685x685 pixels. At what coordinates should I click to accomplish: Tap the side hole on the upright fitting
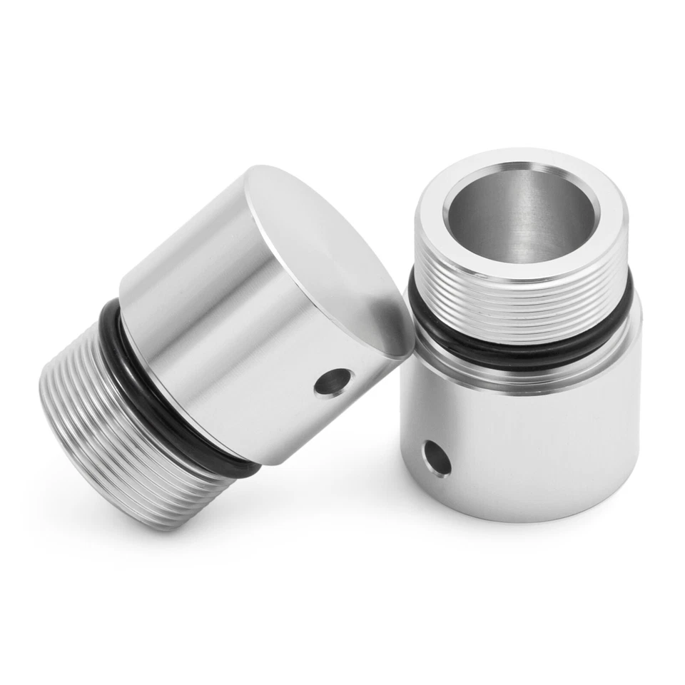point(436,457)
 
